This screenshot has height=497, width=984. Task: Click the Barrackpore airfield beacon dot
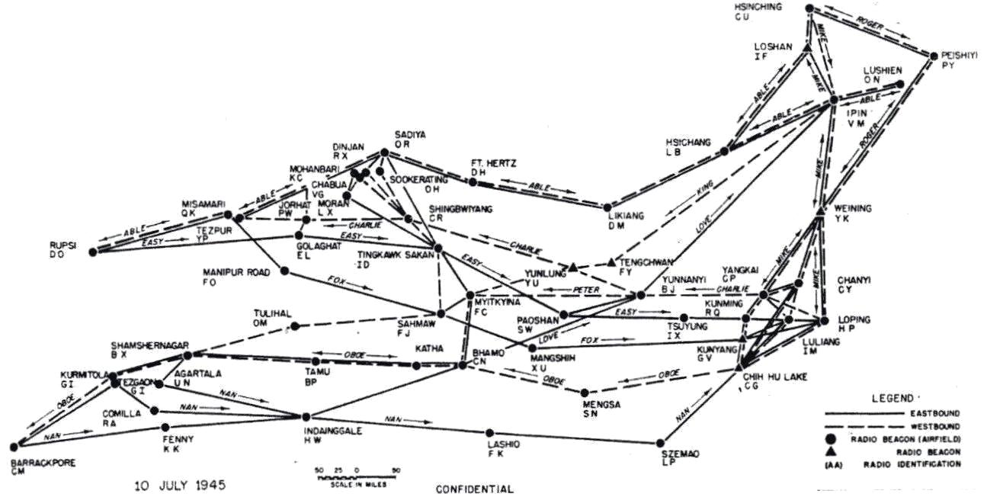[14, 447]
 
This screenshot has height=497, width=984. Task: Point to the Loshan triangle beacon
[806, 48]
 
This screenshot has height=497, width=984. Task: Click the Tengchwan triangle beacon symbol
[611, 263]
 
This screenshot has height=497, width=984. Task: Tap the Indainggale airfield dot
[306, 417]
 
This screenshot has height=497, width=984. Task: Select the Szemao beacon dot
[660, 442]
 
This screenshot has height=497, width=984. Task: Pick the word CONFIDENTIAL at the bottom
[474, 489]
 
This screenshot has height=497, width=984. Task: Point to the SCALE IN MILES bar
[357, 477]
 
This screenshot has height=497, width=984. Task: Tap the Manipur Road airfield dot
[284, 271]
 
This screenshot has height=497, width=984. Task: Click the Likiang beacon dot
[607, 207]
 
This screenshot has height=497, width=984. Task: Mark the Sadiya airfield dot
[384, 152]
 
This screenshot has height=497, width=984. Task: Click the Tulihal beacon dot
[295, 326]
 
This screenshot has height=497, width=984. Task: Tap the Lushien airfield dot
[899, 85]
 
